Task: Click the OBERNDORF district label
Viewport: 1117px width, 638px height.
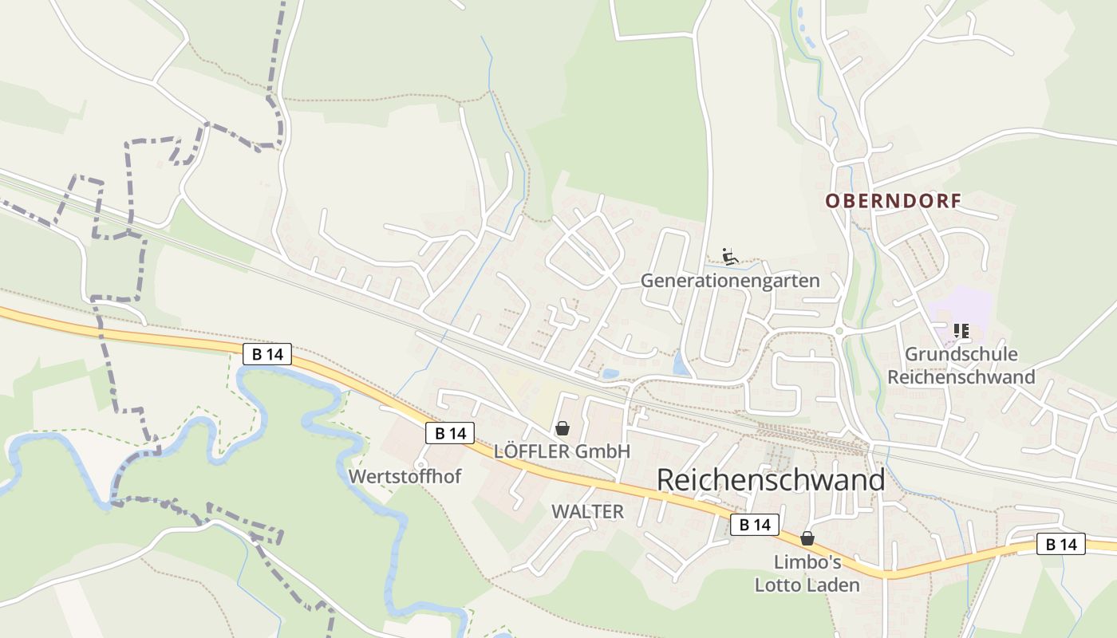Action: click(x=893, y=201)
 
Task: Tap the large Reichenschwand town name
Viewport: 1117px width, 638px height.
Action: click(x=771, y=480)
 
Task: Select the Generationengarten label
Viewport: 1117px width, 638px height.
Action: click(x=730, y=281)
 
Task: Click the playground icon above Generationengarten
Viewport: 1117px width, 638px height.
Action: click(x=729, y=256)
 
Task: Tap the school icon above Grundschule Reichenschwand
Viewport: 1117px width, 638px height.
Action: click(x=961, y=330)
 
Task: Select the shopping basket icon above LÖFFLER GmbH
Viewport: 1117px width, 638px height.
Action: click(x=562, y=428)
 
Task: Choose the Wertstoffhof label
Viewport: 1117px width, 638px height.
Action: click(x=405, y=476)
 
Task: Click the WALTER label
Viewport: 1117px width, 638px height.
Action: click(x=587, y=512)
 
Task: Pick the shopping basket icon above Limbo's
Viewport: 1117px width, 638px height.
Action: click(x=807, y=538)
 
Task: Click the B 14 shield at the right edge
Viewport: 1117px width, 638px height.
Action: click(x=1061, y=545)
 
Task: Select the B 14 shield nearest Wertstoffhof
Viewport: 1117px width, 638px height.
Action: click(x=450, y=433)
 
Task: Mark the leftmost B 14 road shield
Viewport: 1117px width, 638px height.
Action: click(x=267, y=354)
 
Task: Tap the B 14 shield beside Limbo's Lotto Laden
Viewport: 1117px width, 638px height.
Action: click(x=755, y=524)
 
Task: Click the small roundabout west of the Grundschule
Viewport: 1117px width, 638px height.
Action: click(x=839, y=331)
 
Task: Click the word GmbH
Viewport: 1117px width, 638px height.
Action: click(x=603, y=451)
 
